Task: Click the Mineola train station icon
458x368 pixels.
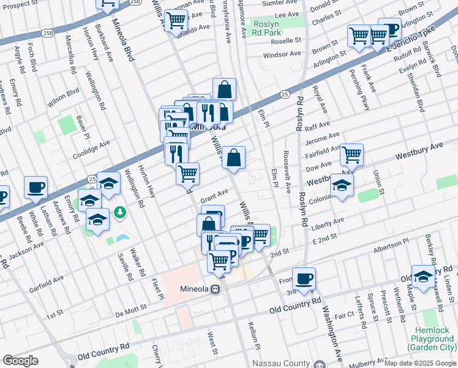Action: point(216,289)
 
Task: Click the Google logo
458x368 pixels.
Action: point(20,361)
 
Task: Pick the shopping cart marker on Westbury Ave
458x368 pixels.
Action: point(352,155)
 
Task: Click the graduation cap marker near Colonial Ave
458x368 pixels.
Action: point(342,186)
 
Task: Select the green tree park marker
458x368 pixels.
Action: point(121,212)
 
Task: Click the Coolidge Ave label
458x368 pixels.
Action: point(91,148)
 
